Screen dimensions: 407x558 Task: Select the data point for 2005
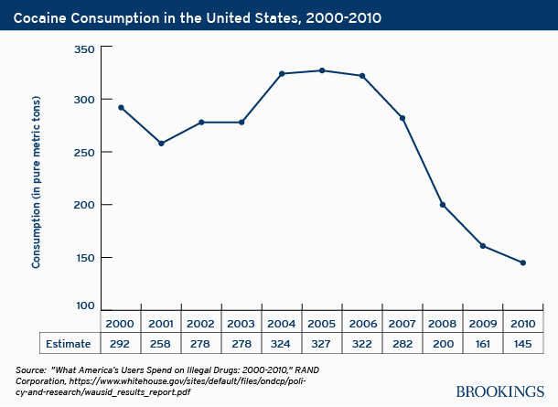[x=322, y=70]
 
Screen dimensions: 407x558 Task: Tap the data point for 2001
[x=161, y=144]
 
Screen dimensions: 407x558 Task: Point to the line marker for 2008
[x=443, y=205]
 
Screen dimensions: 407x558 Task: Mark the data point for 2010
[x=523, y=262]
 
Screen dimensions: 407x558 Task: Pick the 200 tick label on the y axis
[x=84, y=205]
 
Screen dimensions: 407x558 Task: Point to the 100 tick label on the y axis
[x=84, y=305]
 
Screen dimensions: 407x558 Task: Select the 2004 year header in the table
[x=282, y=324]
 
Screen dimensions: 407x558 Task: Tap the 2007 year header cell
[x=402, y=324]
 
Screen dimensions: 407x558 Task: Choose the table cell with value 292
[x=121, y=345]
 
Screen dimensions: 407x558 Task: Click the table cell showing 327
[x=322, y=345]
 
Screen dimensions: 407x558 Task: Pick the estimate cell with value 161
[x=483, y=345]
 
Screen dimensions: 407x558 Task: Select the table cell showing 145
[x=523, y=345]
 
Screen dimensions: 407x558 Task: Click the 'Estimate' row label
[x=59, y=345]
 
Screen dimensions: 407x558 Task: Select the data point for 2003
[x=241, y=123]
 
